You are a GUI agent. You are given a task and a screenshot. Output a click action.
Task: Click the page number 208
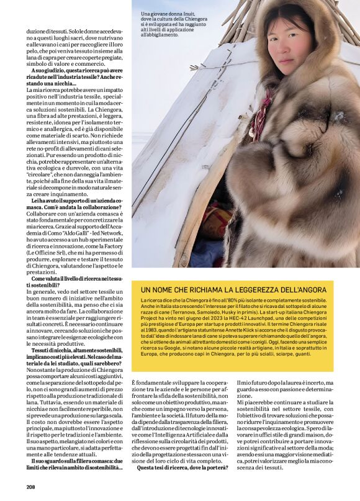click(x=31, y=487)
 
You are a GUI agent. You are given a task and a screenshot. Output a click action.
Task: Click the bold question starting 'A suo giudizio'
click(x=78, y=70)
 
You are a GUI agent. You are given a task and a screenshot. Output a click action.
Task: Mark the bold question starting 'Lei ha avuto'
click(x=78, y=201)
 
